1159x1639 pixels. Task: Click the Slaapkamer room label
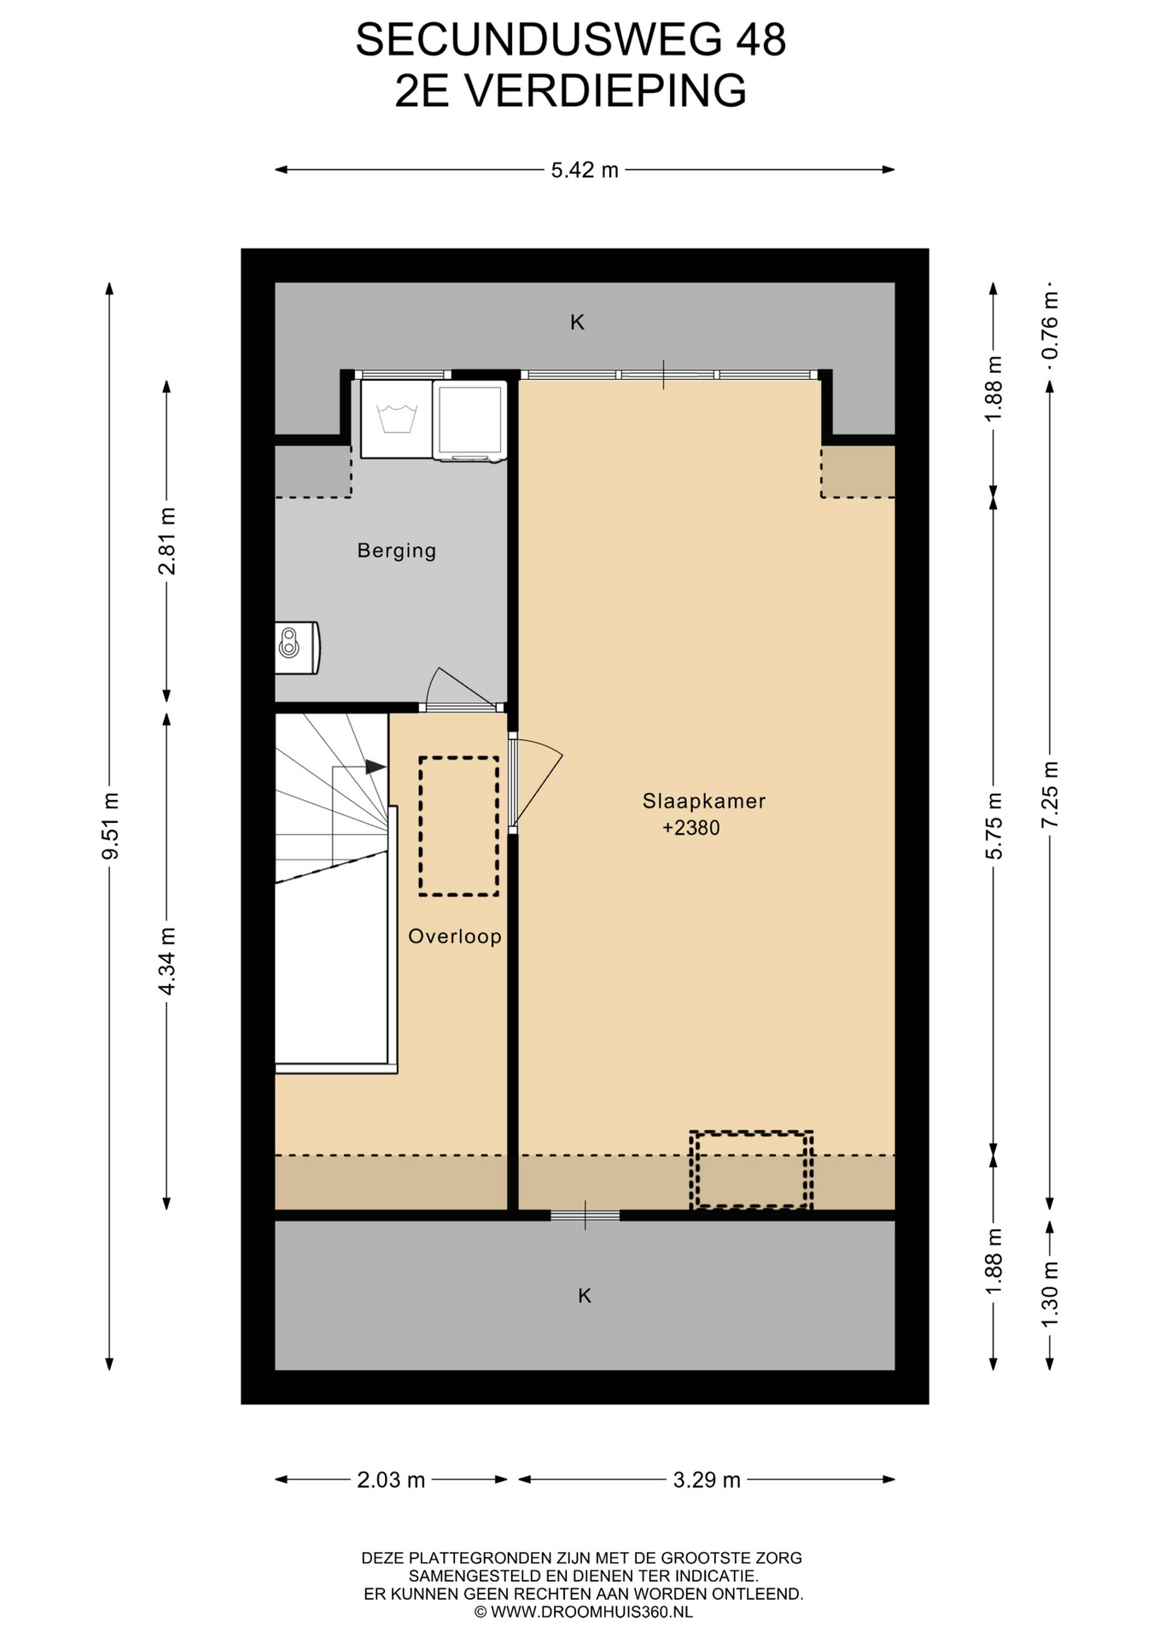pyautogui.click(x=704, y=802)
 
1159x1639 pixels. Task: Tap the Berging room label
pyautogui.click(x=397, y=551)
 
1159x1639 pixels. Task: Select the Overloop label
pyautogui.click(x=455, y=936)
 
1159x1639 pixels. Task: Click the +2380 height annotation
pyautogui.click(x=691, y=828)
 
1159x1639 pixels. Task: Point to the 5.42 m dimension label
pyautogui.click(x=585, y=170)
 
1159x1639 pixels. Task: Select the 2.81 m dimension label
pyautogui.click(x=167, y=541)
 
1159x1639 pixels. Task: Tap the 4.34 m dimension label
pyautogui.click(x=167, y=961)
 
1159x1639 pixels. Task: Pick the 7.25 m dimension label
pyautogui.click(x=1050, y=794)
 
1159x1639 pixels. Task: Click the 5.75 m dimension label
pyautogui.click(x=993, y=826)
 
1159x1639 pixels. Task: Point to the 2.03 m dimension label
pyautogui.click(x=391, y=1480)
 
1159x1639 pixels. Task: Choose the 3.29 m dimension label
pyautogui.click(x=707, y=1480)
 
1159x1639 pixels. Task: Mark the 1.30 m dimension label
pyautogui.click(x=1050, y=1294)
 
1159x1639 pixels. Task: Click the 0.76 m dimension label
pyautogui.click(x=1050, y=325)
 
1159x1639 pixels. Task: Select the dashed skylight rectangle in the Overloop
pyautogui.click(x=459, y=826)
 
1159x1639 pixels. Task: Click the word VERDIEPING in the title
pyautogui.click(x=606, y=90)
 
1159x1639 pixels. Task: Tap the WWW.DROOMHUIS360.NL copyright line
pyautogui.click(x=584, y=1613)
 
